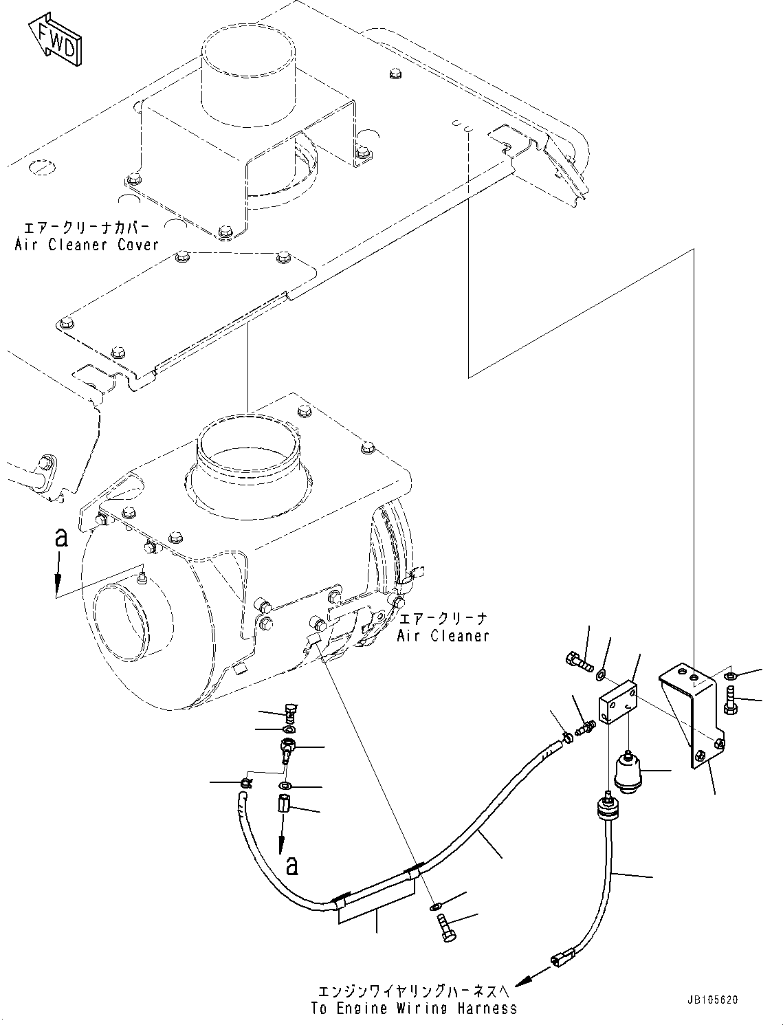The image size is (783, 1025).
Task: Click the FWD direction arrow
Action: (x=57, y=44)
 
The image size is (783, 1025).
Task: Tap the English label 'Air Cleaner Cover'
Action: (x=87, y=245)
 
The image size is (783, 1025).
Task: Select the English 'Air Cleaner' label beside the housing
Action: (x=443, y=636)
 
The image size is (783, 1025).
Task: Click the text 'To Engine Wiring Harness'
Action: (x=414, y=1009)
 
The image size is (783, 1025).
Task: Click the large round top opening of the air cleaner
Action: (x=249, y=455)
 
